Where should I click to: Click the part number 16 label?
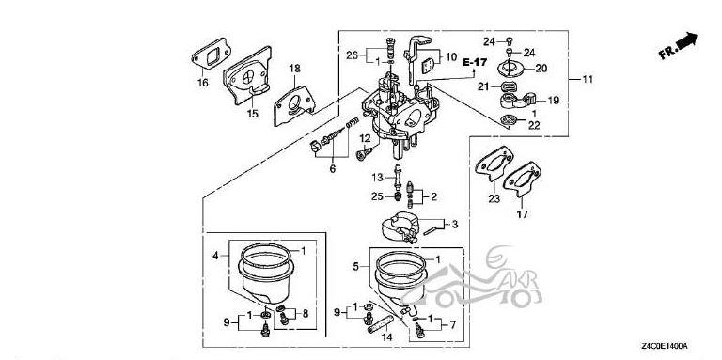click(203, 83)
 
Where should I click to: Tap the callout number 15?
click(252, 114)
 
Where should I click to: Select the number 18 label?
click(294, 69)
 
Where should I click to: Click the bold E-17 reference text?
click(474, 63)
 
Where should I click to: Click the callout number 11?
click(588, 79)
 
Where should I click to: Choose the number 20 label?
click(541, 69)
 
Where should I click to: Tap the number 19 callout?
click(554, 101)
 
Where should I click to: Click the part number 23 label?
click(494, 199)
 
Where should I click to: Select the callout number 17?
click(523, 214)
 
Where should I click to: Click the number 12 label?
click(365, 138)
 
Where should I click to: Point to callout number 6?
click(333, 169)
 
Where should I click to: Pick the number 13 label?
click(377, 178)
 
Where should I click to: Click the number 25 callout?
click(377, 197)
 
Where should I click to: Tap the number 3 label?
click(455, 225)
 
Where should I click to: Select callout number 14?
click(387, 337)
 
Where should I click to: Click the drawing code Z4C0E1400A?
click(665, 346)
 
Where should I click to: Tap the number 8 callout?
click(306, 314)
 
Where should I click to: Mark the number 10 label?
click(451, 57)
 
